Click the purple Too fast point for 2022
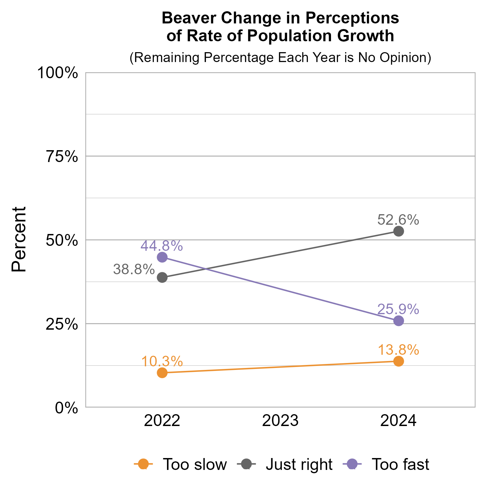[x=162, y=257]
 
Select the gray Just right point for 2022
[x=162, y=278]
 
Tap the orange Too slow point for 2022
[x=162, y=373]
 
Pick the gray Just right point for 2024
[x=399, y=231]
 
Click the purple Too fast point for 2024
[x=399, y=321]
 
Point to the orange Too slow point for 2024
[x=399, y=361]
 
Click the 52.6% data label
[x=398, y=220]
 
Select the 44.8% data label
[x=162, y=246]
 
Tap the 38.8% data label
[x=134, y=269]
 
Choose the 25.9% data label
[x=398, y=309]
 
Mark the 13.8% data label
[x=398, y=350]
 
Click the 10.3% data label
[x=162, y=361]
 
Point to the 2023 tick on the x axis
[x=280, y=421]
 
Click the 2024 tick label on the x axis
[x=399, y=421]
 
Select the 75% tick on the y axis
[x=62, y=156]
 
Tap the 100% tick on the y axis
[x=58, y=73]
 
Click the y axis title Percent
[x=19, y=240]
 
